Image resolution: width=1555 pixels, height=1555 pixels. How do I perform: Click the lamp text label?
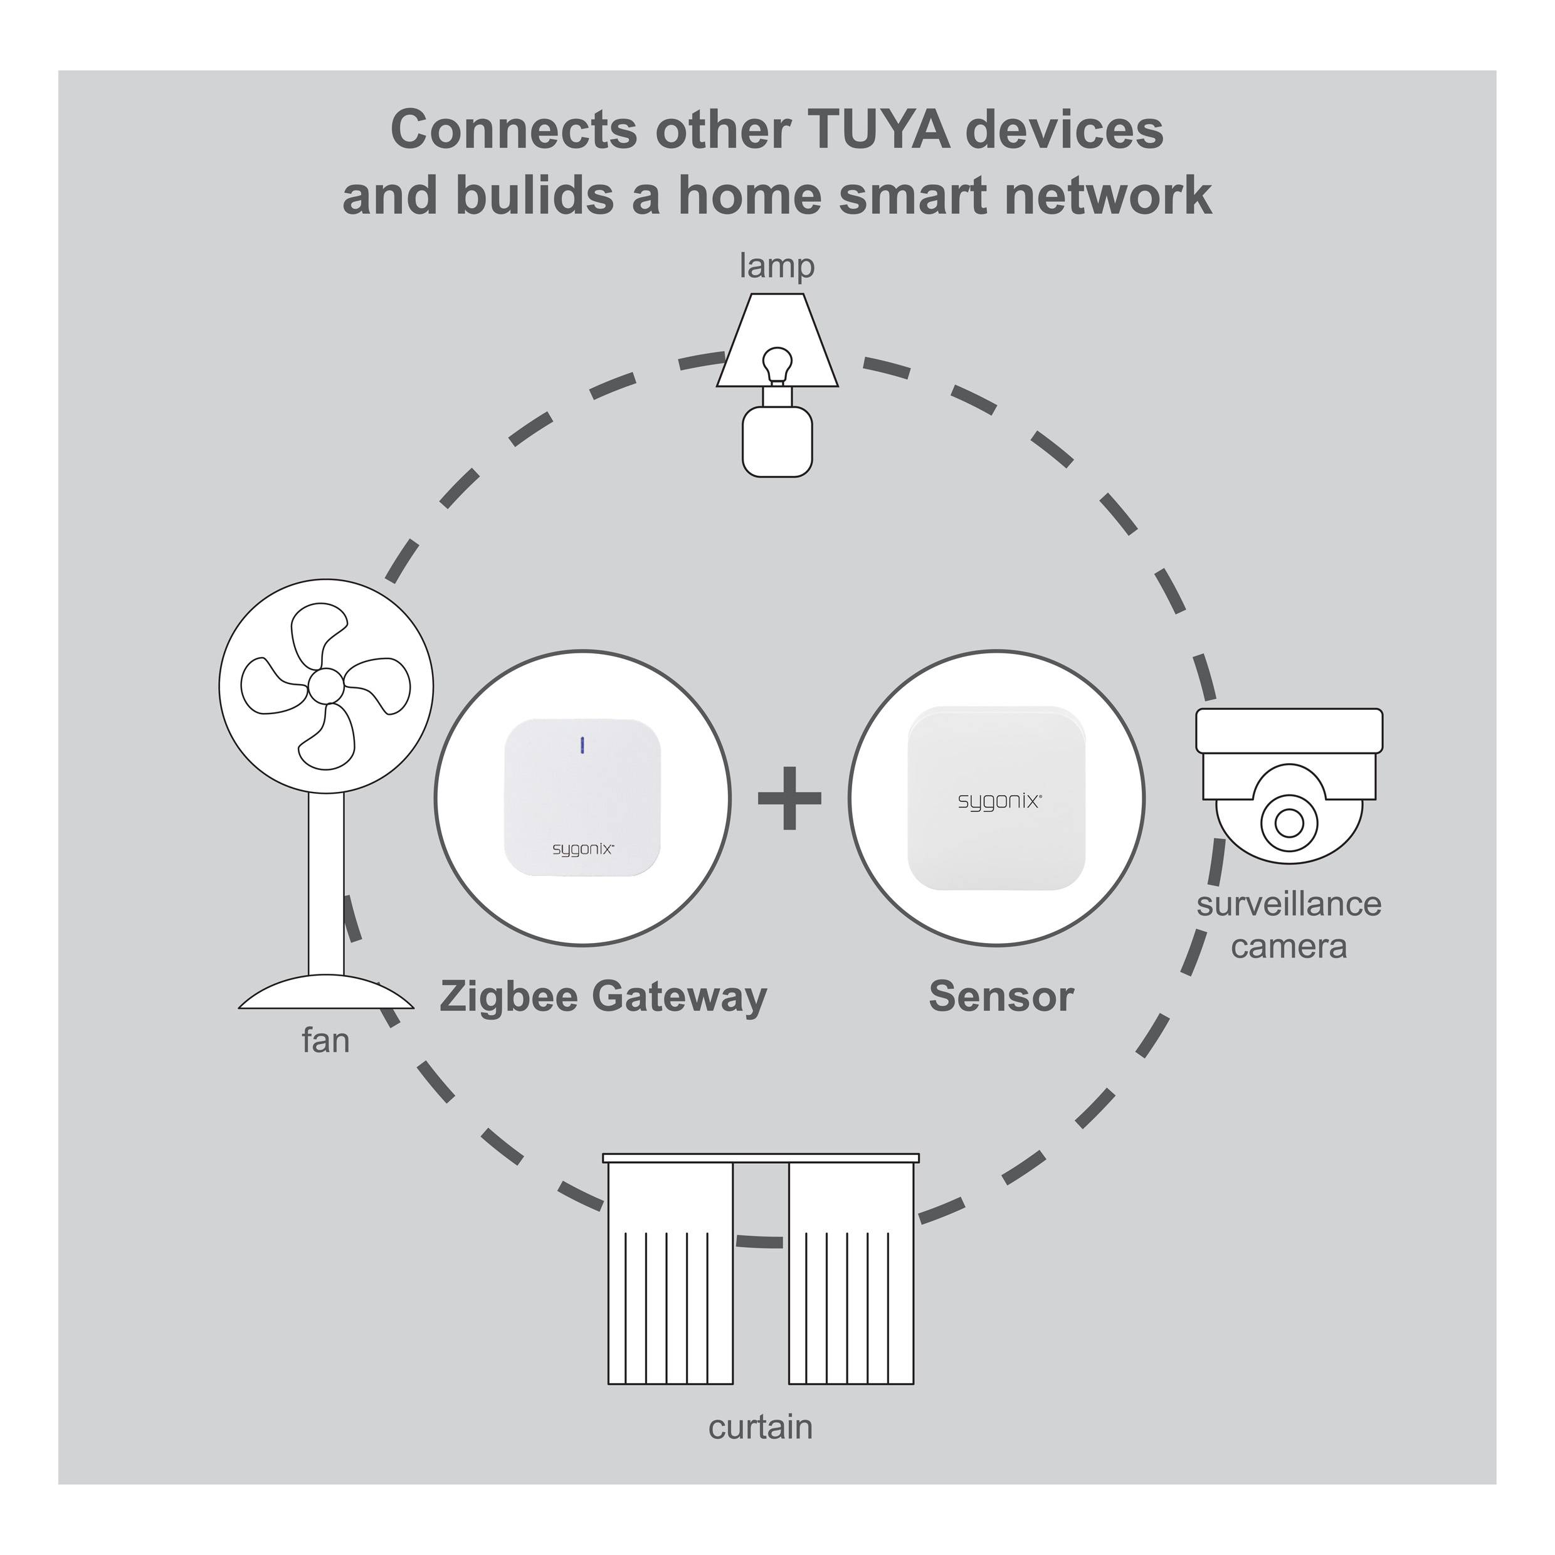coord(777,266)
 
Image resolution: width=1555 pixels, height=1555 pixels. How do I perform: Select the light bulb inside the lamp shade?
coord(777,363)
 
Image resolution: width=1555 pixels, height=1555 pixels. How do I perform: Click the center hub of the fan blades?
coord(326,686)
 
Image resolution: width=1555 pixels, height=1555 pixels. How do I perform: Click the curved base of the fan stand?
coord(326,993)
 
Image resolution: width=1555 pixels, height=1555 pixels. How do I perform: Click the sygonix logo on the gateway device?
coord(582,849)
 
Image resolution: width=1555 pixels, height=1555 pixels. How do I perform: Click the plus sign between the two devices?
coord(789,798)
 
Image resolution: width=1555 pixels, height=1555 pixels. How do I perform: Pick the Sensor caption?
coord(1001,996)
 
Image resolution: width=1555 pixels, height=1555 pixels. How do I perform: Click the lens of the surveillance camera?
coord(1289,823)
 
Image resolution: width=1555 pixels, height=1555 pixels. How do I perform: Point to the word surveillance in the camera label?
coord(1289,904)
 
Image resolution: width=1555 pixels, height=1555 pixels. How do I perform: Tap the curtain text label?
coord(761,1427)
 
